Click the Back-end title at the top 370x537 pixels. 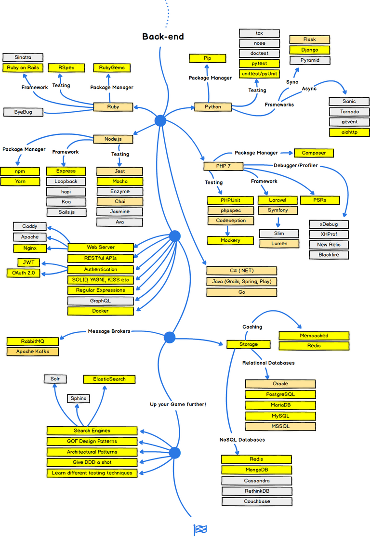point(163,37)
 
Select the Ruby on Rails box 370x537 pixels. point(23,68)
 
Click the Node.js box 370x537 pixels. point(113,139)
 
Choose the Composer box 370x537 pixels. point(314,153)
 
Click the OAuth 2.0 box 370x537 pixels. point(23,273)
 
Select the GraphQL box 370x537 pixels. point(100,301)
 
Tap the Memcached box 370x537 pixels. point(314,336)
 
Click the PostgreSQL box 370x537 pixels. point(280,394)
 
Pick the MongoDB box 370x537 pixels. point(256,470)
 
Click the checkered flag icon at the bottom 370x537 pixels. point(200,530)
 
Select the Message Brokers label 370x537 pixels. point(109,331)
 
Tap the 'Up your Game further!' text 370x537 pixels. point(178,404)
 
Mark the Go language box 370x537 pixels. point(241,292)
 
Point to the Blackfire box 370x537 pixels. point(329,255)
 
